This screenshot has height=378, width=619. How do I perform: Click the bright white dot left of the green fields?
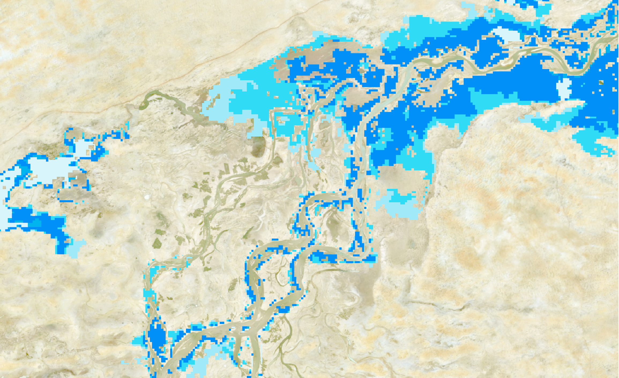(147, 197)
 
